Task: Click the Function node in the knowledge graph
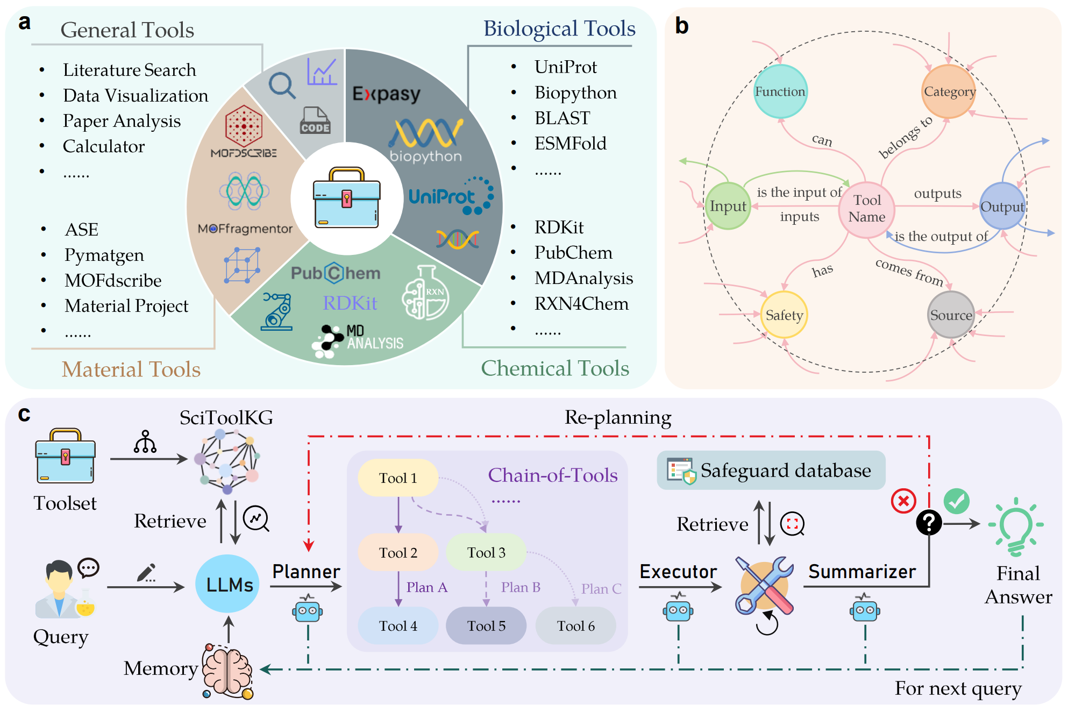click(x=780, y=91)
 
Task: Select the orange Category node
click(x=949, y=91)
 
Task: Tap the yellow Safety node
click(x=784, y=315)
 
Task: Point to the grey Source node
click(x=951, y=315)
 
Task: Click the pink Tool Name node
click(x=867, y=209)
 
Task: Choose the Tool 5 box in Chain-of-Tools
click(x=486, y=625)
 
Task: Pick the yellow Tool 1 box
click(x=398, y=478)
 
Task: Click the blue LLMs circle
click(x=228, y=584)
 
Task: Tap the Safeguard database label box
click(x=771, y=471)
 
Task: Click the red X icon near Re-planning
click(x=903, y=501)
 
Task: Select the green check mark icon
click(x=957, y=501)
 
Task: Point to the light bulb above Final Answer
click(x=1015, y=527)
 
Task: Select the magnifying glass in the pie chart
click(x=282, y=85)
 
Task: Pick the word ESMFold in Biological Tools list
click(x=570, y=144)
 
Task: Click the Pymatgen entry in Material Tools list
click(x=104, y=255)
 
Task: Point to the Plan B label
click(x=521, y=587)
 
